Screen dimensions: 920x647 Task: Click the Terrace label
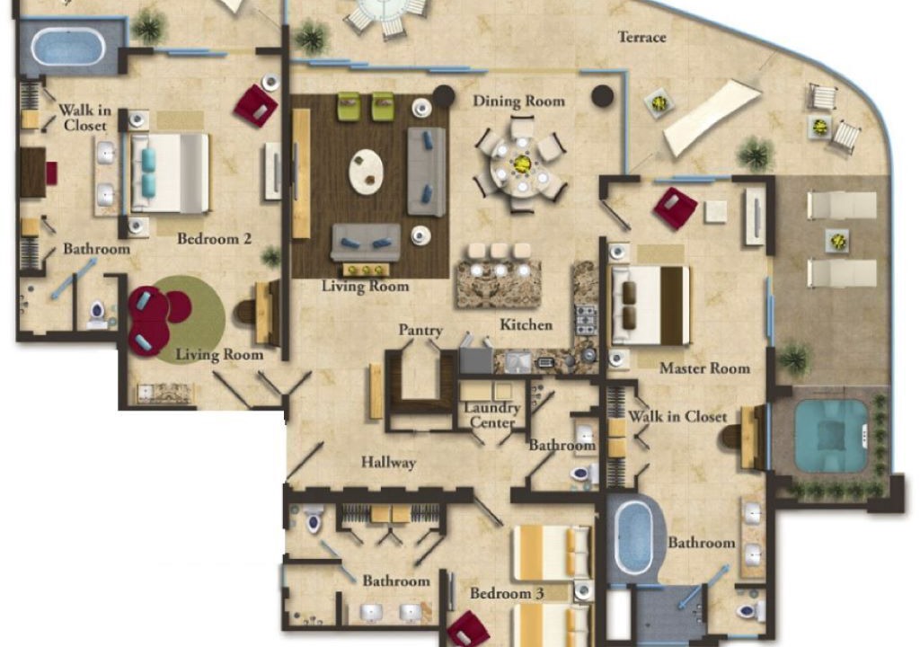[641, 37]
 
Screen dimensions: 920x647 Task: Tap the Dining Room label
[518, 101]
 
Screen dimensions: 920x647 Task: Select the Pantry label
[420, 330]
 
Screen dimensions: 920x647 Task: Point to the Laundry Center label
[491, 414]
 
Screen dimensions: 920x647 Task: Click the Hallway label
[388, 463]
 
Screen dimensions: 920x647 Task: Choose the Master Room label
[704, 368]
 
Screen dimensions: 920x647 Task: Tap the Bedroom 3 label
[507, 593]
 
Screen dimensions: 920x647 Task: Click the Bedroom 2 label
[214, 238]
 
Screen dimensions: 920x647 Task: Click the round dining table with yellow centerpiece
[522, 165]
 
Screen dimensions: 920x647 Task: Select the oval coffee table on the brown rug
[367, 172]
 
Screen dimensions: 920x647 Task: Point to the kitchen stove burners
[586, 320]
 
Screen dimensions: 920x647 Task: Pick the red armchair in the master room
[676, 208]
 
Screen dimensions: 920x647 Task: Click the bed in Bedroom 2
[170, 173]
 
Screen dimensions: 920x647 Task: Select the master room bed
[650, 306]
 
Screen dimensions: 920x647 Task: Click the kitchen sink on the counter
[518, 361]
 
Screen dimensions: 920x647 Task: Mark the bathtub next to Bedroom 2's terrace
[68, 47]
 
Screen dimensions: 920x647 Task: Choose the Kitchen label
[526, 324]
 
